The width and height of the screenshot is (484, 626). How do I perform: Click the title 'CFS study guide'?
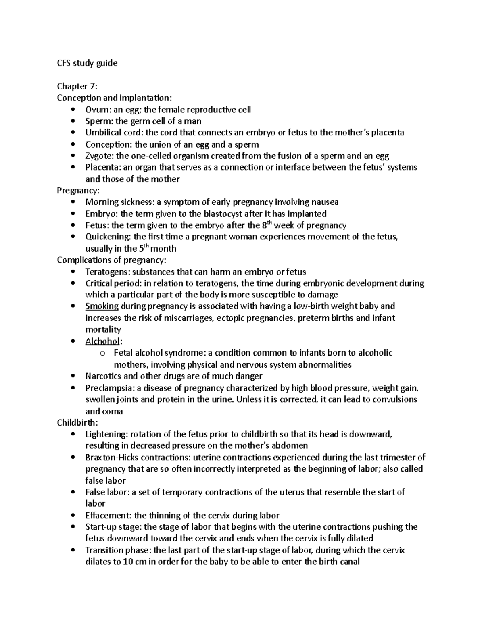tap(87, 63)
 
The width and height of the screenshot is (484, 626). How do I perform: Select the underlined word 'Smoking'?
tap(102, 306)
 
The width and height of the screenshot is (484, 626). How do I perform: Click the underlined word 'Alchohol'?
tap(102, 341)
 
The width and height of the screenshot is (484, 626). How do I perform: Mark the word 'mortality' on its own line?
tap(103, 329)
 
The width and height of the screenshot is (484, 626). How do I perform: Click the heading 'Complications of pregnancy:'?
tap(111, 260)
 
